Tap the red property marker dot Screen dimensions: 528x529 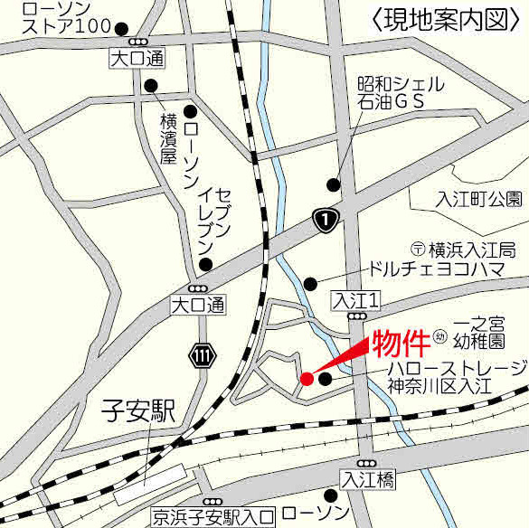tap(307, 378)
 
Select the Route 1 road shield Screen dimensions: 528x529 tap(326, 218)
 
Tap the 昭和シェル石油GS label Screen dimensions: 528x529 tap(399, 93)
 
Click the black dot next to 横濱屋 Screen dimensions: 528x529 tap(149, 86)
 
